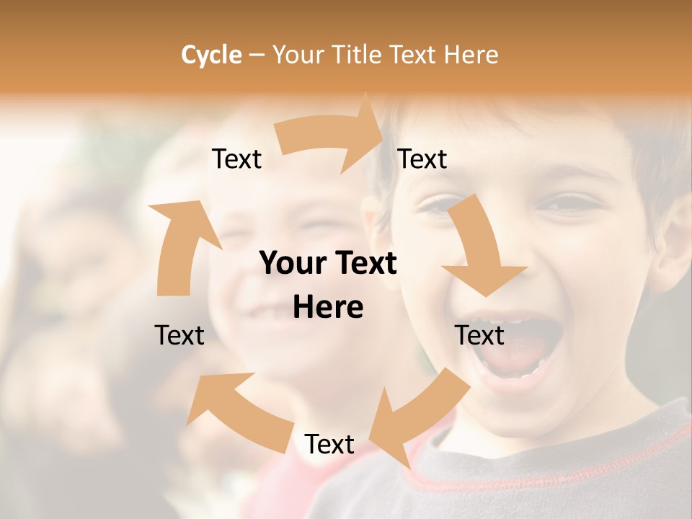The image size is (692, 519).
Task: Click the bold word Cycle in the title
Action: tap(211, 55)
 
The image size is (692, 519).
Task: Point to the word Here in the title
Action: tap(471, 55)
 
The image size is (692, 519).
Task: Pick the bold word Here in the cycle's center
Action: tap(328, 308)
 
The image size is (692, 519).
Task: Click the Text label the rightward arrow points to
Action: tap(422, 159)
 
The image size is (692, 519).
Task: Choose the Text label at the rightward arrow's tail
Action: tap(236, 159)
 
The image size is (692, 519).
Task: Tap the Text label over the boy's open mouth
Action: tap(479, 335)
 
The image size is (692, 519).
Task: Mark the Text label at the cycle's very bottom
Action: tap(329, 444)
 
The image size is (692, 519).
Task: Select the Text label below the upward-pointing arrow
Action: tap(179, 335)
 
